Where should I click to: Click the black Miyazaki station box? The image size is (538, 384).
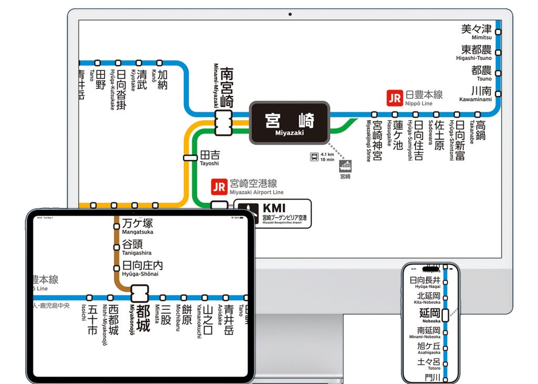point(289,123)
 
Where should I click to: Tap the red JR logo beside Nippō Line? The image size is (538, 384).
point(394,98)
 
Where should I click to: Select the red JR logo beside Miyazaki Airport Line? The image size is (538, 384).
point(219,187)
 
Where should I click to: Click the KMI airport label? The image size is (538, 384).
point(273,213)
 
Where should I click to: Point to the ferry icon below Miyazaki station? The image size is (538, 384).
point(346,167)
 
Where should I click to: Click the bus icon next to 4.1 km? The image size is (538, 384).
point(314,157)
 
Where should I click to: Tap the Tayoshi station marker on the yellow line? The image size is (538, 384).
point(190,158)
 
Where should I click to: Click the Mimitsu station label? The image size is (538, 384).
point(477,32)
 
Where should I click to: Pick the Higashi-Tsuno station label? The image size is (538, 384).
point(476,53)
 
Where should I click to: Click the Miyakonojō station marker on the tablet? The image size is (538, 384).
point(140,292)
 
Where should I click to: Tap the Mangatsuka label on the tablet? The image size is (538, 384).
point(138,226)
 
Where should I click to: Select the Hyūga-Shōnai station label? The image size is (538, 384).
point(142,268)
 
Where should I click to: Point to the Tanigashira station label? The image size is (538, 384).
point(136,247)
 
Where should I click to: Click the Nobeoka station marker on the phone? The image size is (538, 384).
point(445,315)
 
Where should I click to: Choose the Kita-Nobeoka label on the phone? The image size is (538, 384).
point(428,298)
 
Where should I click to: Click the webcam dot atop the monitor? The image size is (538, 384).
point(290,14)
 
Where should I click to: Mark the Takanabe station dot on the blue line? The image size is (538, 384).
point(478,115)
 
